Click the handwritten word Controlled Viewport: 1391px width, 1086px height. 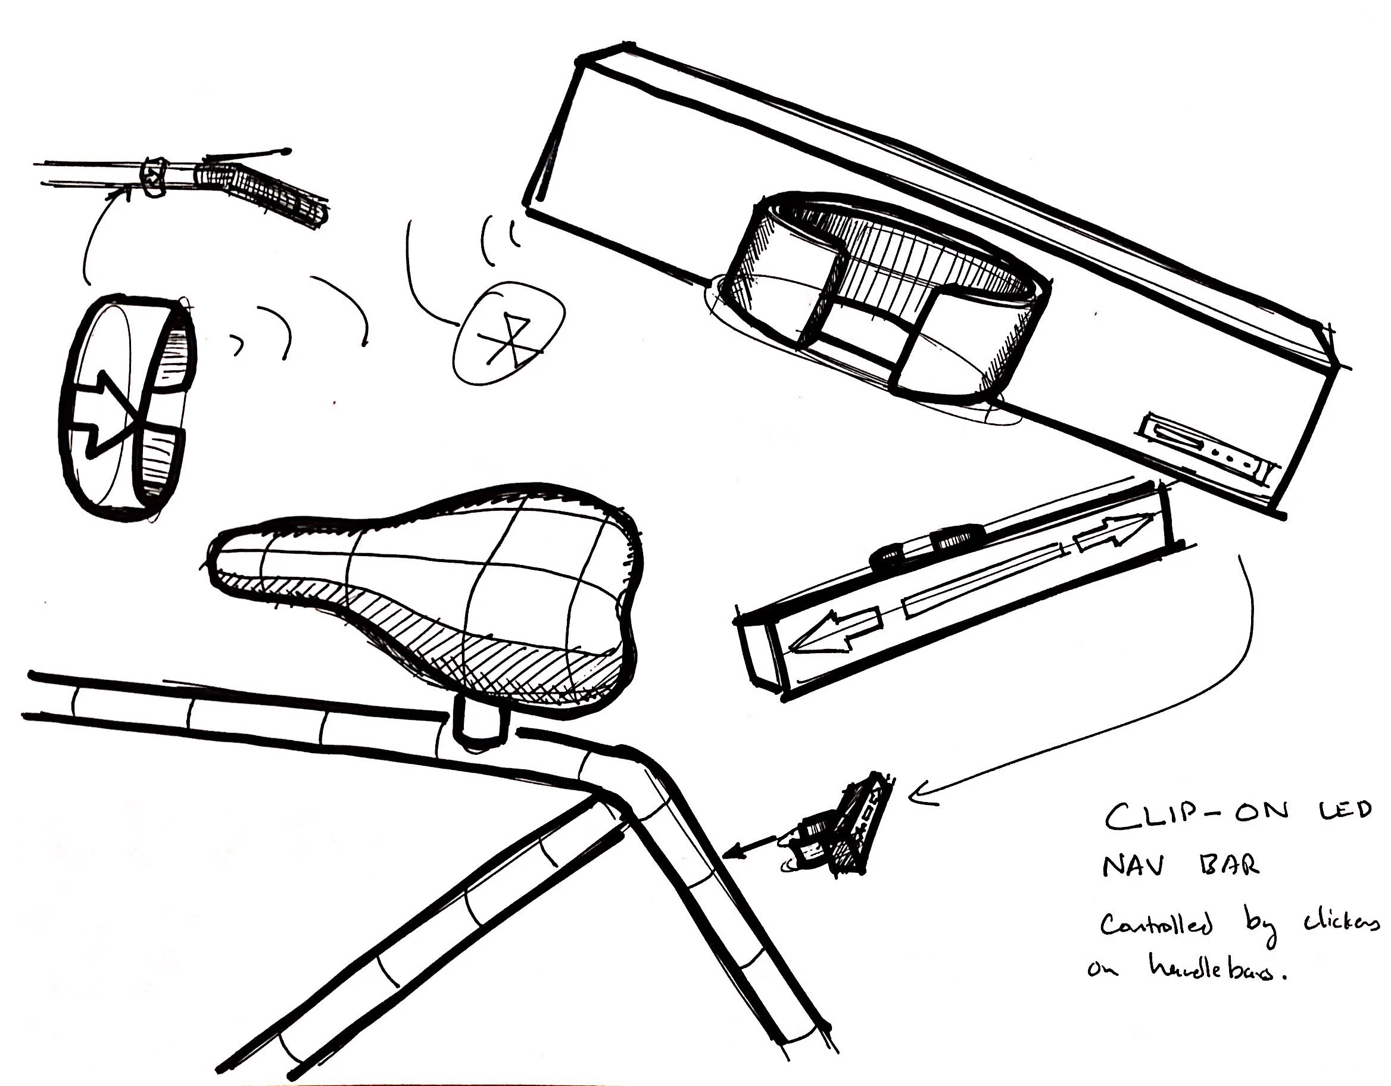point(1156,925)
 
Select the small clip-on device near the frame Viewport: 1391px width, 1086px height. point(841,828)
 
